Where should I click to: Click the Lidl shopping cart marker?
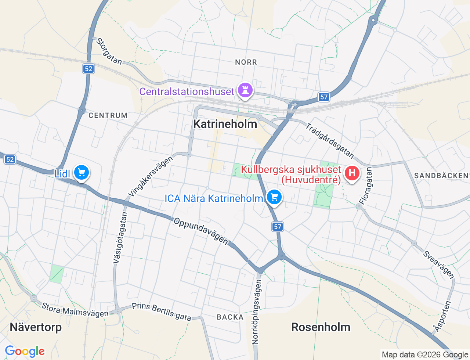coord(82,172)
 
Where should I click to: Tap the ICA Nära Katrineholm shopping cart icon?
coord(274,197)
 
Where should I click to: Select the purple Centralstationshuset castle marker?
coord(245,90)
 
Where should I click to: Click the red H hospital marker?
coord(352,173)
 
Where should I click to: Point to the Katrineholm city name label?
coord(225,124)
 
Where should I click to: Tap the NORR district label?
coord(246,62)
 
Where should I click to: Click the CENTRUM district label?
coord(108,115)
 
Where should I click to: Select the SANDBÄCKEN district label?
coord(441,176)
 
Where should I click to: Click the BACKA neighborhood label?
coord(230,317)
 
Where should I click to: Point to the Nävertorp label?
coord(36,327)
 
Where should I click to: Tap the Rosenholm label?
coord(321,327)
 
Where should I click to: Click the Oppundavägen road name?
coord(201,231)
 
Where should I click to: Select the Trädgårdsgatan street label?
coord(330,141)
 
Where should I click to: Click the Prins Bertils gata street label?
coord(162,312)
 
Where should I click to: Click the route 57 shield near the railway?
coord(323,97)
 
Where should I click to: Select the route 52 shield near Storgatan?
coord(88,69)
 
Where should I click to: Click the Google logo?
coord(25,352)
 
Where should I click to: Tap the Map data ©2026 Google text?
coord(425,355)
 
